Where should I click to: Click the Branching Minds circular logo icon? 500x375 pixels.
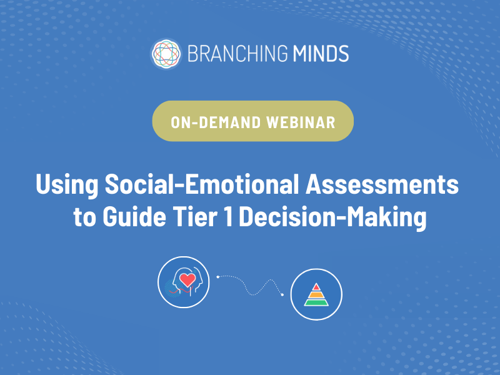click(x=165, y=53)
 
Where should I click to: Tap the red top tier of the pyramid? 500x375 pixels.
click(x=316, y=286)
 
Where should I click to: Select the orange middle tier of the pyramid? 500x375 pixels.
click(x=316, y=294)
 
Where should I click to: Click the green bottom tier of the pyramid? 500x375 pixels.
click(x=316, y=302)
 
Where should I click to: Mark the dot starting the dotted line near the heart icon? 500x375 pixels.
click(x=217, y=275)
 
